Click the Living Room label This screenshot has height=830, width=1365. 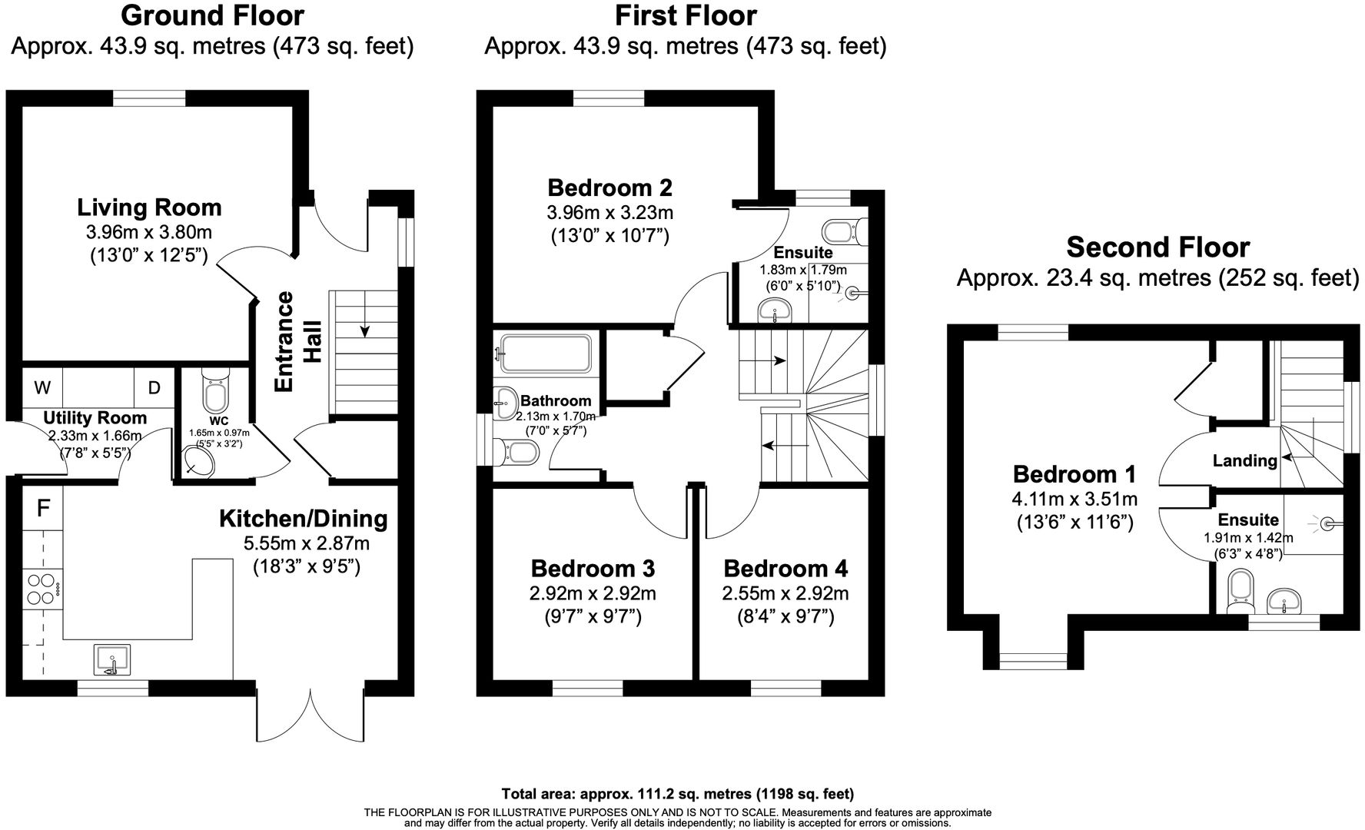pos(149,207)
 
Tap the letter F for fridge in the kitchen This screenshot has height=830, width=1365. pos(44,508)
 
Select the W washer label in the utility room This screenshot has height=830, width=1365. pos(42,387)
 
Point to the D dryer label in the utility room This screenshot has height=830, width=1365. pos(154,387)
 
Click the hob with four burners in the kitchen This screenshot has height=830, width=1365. pos(42,588)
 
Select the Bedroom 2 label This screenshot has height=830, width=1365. pos(609,188)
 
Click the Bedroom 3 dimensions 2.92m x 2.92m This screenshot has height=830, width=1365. pos(593,593)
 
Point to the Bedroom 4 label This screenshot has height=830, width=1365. pos(785,569)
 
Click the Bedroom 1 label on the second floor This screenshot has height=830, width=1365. pos(1074,474)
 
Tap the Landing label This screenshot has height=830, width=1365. pos(1244,460)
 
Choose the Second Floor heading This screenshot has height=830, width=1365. pos(1157,247)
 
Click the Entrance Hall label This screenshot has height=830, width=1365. pos(296,341)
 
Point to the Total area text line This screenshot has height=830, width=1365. pos(677,794)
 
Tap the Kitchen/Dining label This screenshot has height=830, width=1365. pos(304,519)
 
